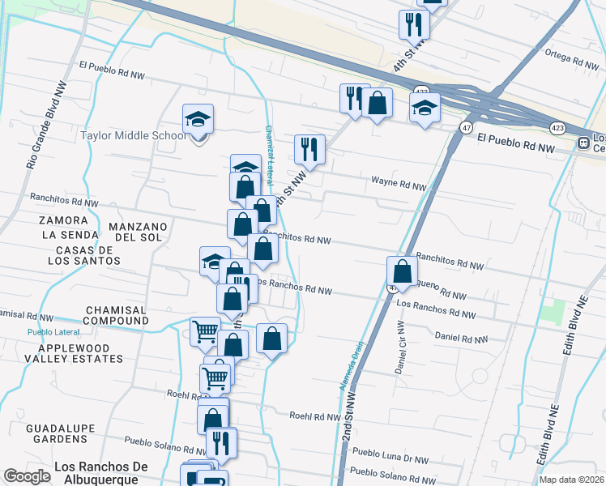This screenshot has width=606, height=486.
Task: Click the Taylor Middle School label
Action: (x=134, y=135)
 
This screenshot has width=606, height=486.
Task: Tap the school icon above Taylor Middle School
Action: (x=198, y=121)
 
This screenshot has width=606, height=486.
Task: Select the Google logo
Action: (x=27, y=476)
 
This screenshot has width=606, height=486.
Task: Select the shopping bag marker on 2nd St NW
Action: (x=402, y=271)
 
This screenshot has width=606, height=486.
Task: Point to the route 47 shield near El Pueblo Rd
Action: (x=466, y=128)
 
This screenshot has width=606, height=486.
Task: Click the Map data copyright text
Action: (x=571, y=480)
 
